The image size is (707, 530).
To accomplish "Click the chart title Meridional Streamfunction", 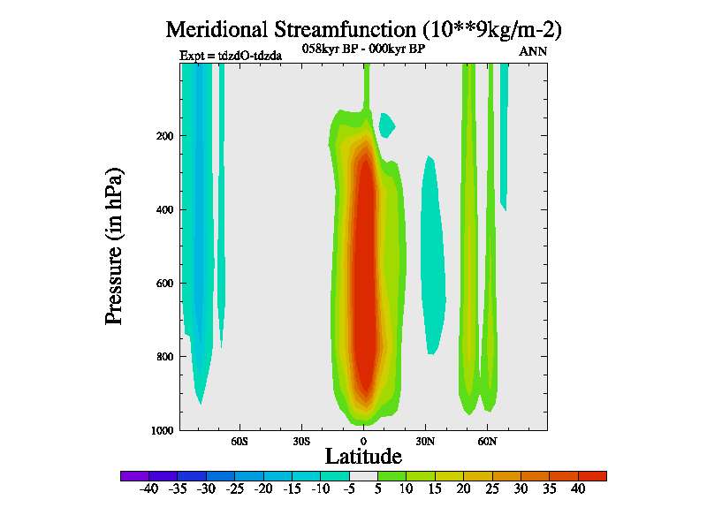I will [x=363, y=29].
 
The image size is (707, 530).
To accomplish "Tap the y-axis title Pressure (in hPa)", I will [x=114, y=246].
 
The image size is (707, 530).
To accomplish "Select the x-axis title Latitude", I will [x=363, y=456].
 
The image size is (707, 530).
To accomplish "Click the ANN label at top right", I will [x=533, y=51].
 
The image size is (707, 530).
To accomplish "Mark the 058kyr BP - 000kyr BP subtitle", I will [x=363, y=49].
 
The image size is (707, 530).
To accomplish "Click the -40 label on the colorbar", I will [x=148, y=489].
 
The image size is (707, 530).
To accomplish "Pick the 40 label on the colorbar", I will [x=577, y=489].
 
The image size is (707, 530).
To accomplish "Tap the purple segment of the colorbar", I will [x=134, y=475].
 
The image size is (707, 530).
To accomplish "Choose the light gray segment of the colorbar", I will [x=362, y=475].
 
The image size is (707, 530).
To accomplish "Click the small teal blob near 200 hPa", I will [x=386, y=125].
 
